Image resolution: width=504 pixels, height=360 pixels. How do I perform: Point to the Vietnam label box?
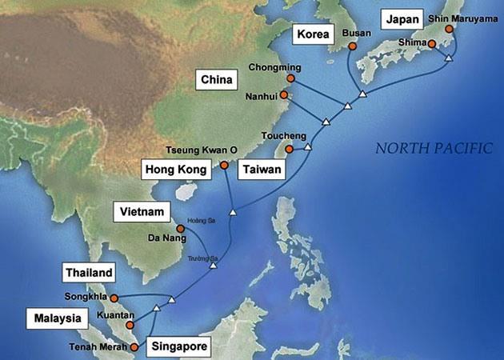pos(143,211)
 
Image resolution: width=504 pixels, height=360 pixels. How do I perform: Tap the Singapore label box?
pos(179,347)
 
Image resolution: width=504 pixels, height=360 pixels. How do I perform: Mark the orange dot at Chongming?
pos(290,79)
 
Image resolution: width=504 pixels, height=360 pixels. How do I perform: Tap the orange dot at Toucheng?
pos(289,148)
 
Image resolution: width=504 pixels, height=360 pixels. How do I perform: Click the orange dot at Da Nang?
pos(181,229)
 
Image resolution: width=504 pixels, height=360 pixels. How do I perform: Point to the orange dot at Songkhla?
pos(114,298)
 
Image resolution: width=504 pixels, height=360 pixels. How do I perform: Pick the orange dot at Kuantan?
pos(130,326)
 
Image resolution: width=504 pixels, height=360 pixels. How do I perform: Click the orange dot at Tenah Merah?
pos(134,347)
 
